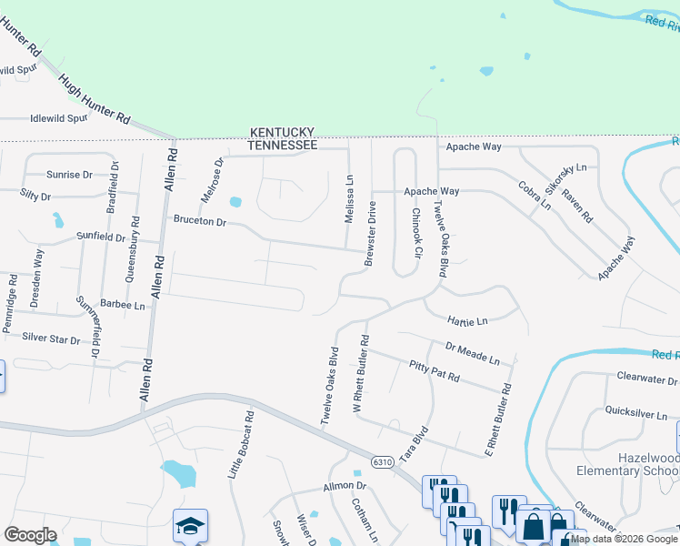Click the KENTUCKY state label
coord(284,133)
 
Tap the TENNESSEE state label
coord(284,146)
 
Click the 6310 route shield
coord(383,463)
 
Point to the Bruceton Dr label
coord(199,221)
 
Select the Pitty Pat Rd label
coord(435,370)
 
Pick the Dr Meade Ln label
coord(473,353)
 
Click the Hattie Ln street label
coord(468,320)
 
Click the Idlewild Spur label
coord(58,118)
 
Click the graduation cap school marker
coord(191,526)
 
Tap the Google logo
coord(30,535)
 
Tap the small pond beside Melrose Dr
coord(236,201)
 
